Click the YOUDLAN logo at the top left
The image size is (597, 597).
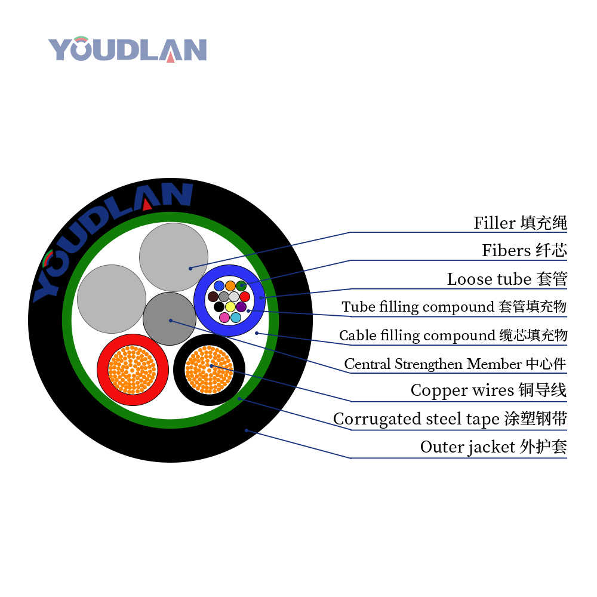click(x=127, y=49)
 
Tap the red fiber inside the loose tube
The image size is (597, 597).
click(x=245, y=297)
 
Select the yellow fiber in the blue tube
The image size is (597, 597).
click(x=230, y=307)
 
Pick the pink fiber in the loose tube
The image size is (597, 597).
click(x=224, y=318)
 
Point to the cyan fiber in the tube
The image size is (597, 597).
click(x=236, y=318)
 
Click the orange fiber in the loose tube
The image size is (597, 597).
click(x=230, y=286)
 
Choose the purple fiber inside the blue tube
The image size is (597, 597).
click(x=241, y=307)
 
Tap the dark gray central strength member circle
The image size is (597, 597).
click(x=170, y=319)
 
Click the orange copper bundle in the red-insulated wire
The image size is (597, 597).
click(x=133, y=370)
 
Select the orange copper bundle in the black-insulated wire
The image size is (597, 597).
click(x=209, y=370)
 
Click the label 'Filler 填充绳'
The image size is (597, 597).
click(x=521, y=223)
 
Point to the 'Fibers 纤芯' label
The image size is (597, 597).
click(x=525, y=251)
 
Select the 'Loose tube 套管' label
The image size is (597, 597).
click(x=507, y=279)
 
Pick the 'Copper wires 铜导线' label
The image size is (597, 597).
click(x=489, y=390)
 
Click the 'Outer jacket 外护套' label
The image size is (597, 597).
click(x=494, y=447)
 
